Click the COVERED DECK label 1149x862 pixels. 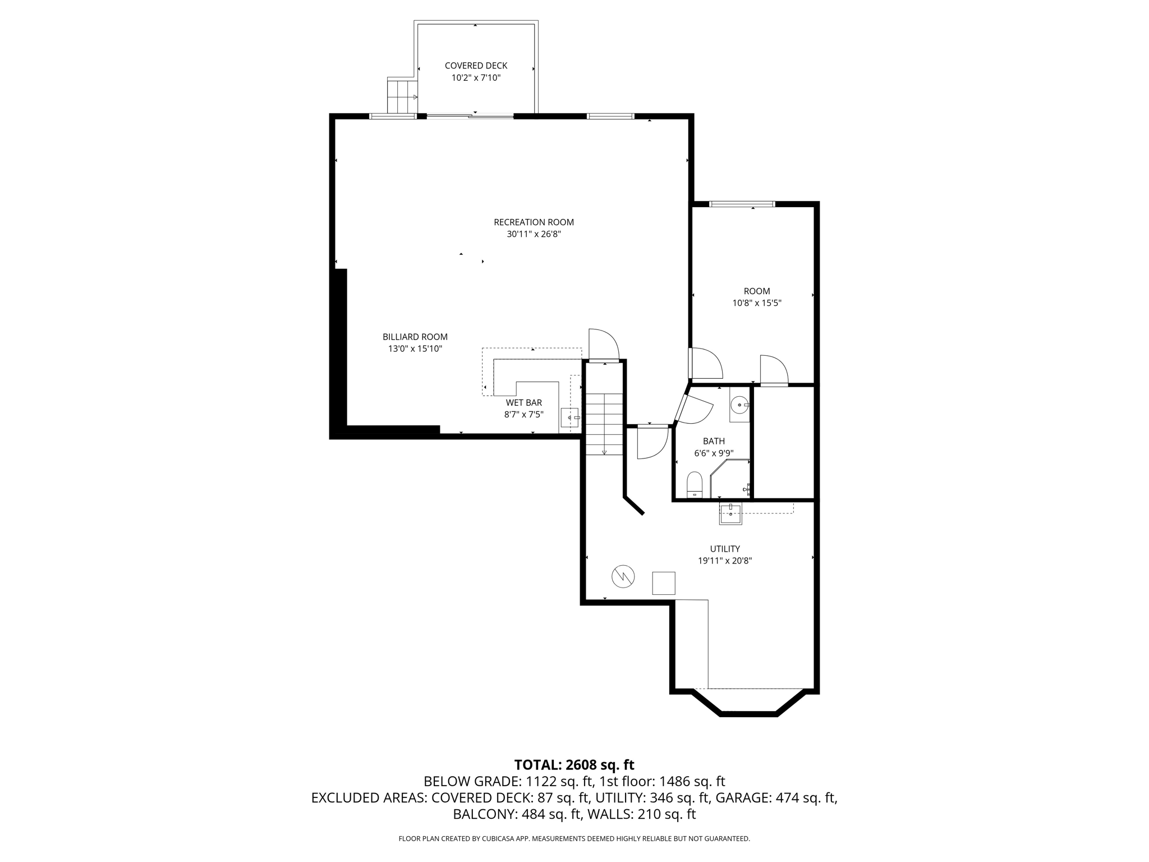coord(476,66)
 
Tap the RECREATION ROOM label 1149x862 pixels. coord(534,222)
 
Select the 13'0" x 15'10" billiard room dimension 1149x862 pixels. coord(415,349)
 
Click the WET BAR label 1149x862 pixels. coord(523,402)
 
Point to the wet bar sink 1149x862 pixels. coord(570,418)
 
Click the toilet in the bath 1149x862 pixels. coord(695,484)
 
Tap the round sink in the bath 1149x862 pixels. coord(739,404)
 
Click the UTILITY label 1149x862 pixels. coord(725,549)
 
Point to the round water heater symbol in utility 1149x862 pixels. coord(623,576)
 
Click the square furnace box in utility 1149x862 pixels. coord(663,583)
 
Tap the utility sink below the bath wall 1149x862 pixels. coord(730,513)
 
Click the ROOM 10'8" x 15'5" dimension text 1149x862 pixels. coord(756,303)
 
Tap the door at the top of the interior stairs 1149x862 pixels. coord(603,346)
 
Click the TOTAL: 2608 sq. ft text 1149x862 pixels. coord(574,764)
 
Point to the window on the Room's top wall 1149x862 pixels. coord(742,204)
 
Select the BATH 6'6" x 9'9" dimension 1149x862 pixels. coord(714,453)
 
